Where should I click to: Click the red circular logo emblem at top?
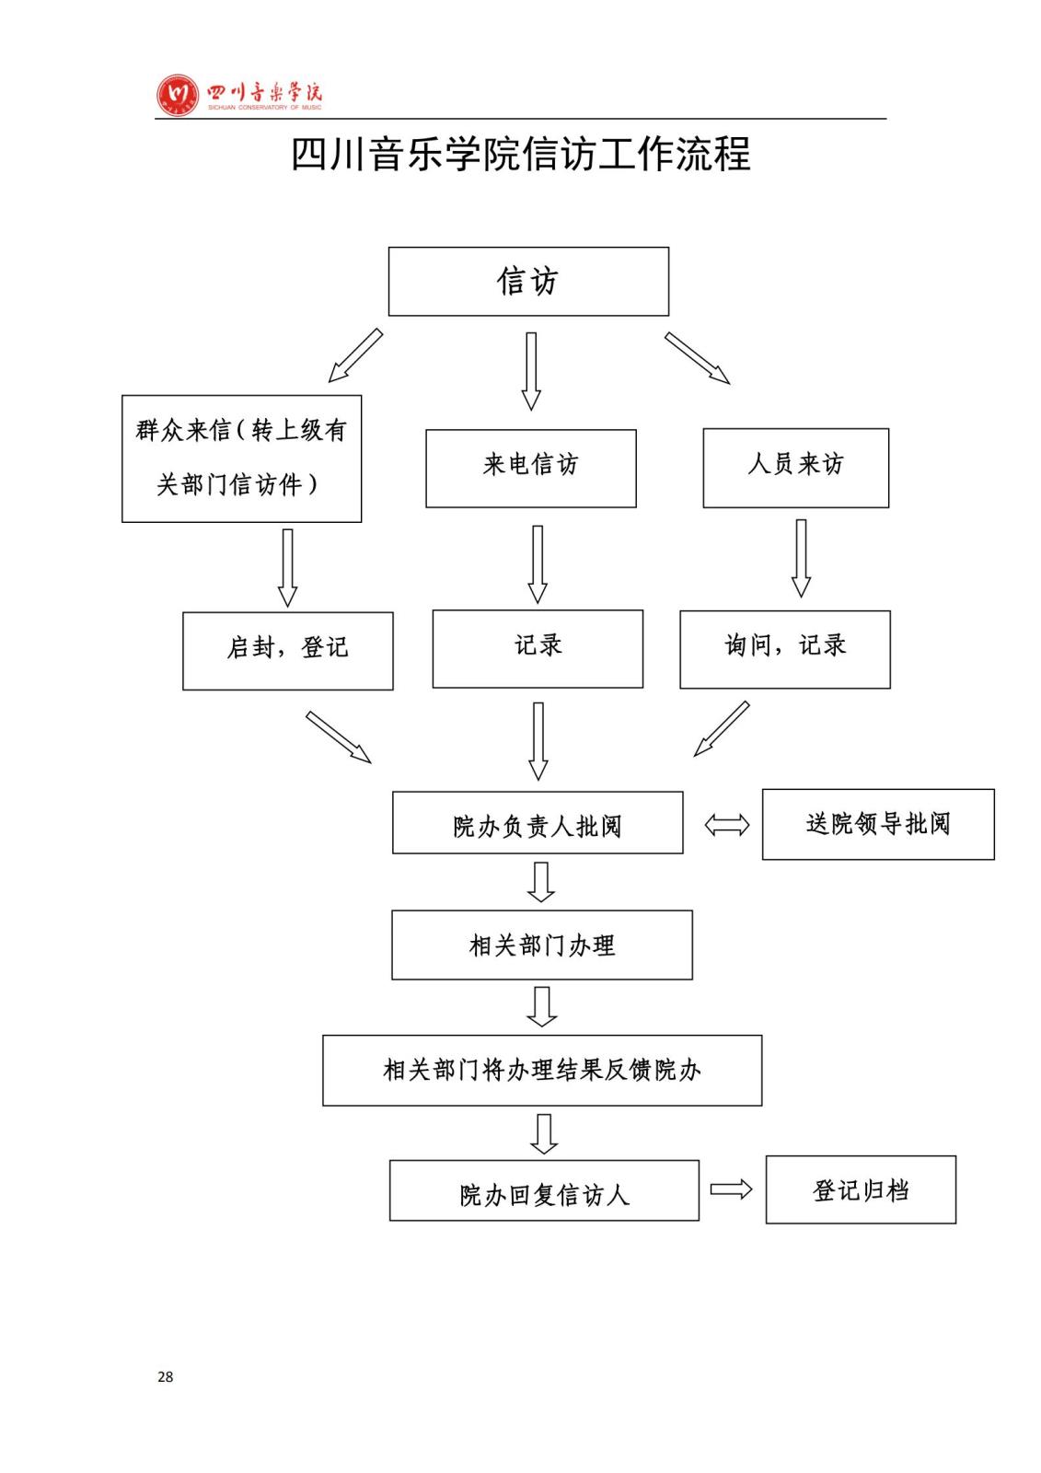point(178,95)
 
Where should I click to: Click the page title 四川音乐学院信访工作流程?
point(520,154)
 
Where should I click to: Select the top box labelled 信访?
point(528,282)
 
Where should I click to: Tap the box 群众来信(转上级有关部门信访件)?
point(241,458)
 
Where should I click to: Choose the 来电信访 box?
point(530,468)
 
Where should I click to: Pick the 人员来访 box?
point(795,468)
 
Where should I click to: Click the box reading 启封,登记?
point(287,650)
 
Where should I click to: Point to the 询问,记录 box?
point(784,648)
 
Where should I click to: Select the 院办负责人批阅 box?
point(538,822)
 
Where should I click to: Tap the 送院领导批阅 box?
point(877,824)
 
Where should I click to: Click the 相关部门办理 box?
point(541,945)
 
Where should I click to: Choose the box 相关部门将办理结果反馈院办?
point(541,1070)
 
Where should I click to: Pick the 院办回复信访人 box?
point(543,1190)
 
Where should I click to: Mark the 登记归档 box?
point(860,1189)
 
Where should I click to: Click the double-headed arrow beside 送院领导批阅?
point(726,825)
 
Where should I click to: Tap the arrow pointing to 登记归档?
point(731,1189)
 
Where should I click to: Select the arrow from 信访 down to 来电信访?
point(531,371)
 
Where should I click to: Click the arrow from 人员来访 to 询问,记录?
point(801,558)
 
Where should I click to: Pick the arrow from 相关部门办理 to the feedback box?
point(541,1006)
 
